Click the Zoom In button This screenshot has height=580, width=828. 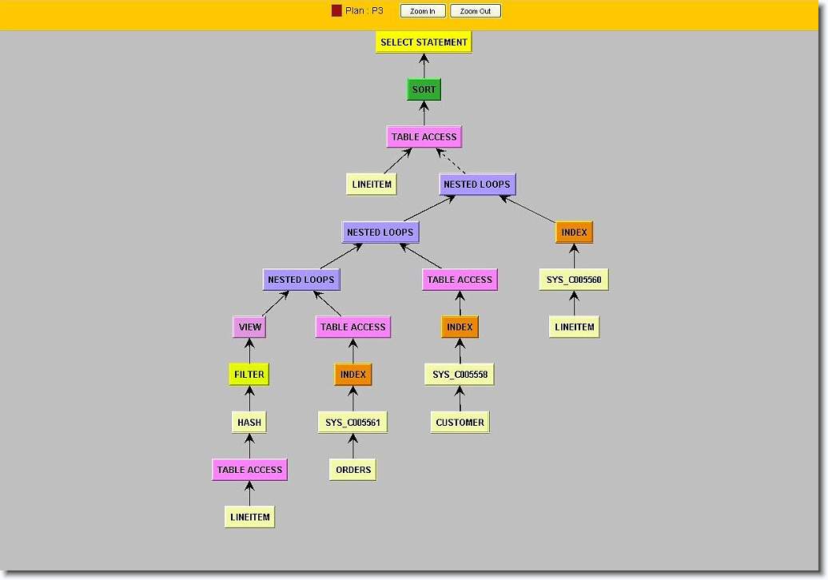(422, 11)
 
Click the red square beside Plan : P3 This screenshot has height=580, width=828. (336, 11)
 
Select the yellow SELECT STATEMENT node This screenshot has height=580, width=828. (424, 42)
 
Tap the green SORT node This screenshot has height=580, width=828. (424, 89)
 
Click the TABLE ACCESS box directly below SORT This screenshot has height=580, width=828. (424, 137)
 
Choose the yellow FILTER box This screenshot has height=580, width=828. (249, 374)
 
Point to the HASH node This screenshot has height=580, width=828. (249, 422)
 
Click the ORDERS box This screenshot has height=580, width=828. (352, 470)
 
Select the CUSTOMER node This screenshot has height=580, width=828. (460, 422)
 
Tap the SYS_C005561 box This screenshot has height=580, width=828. (352, 422)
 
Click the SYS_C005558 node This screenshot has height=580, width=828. (460, 374)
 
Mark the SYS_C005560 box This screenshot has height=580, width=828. (574, 280)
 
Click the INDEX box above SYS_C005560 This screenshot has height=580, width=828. (574, 232)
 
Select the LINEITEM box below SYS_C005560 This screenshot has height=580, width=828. (574, 327)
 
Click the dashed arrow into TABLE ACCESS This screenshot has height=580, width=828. (452, 161)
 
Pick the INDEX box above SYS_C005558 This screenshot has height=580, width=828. (460, 327)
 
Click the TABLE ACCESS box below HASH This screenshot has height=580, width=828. (249, 470)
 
